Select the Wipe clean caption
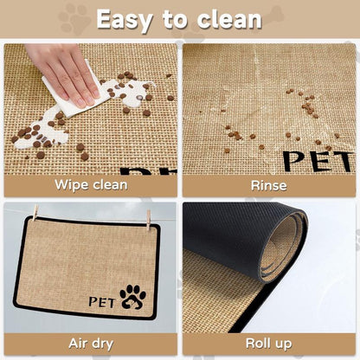point(91,184)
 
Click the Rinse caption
point(268,184)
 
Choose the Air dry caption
point(91,344)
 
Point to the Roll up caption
point(268,344)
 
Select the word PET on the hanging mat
point(104,301)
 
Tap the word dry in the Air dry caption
point(105,344)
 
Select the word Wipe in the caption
point(72,184)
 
